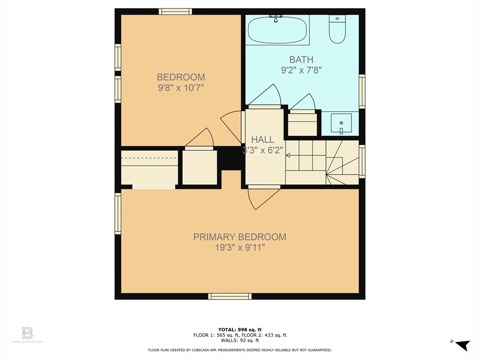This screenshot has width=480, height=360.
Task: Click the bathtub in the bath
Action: [x=277, y=30]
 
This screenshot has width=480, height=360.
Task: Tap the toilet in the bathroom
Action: [x=337, y=29]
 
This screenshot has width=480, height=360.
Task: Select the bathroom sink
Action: [x=341, y=124]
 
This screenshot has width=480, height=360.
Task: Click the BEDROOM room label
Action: [x=180, y=77]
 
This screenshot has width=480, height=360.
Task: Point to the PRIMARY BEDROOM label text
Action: [x=240, y=237]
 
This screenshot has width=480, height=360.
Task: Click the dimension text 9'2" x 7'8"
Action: [x=301, y=70]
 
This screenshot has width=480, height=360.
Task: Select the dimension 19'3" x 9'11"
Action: [x=240, y=248]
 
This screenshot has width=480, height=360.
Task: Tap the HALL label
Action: [x=262, y=140]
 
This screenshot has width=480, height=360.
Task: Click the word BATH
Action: [x=301, y=60]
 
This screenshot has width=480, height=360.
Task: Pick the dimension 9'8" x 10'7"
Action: [x=180, y=88]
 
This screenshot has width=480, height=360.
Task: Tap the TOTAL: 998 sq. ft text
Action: [x=240, y=329]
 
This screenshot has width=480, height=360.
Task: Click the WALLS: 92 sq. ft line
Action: [x=240, y=341]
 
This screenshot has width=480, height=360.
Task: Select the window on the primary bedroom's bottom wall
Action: [x=230, y=296]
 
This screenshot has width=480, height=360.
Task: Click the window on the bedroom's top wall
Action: [x=175, y=12]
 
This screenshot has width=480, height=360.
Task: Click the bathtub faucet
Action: [x=277, y=17]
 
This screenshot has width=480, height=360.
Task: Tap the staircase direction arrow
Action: [x=288, y=156]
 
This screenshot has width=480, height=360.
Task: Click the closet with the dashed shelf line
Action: [x=150, y=167]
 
